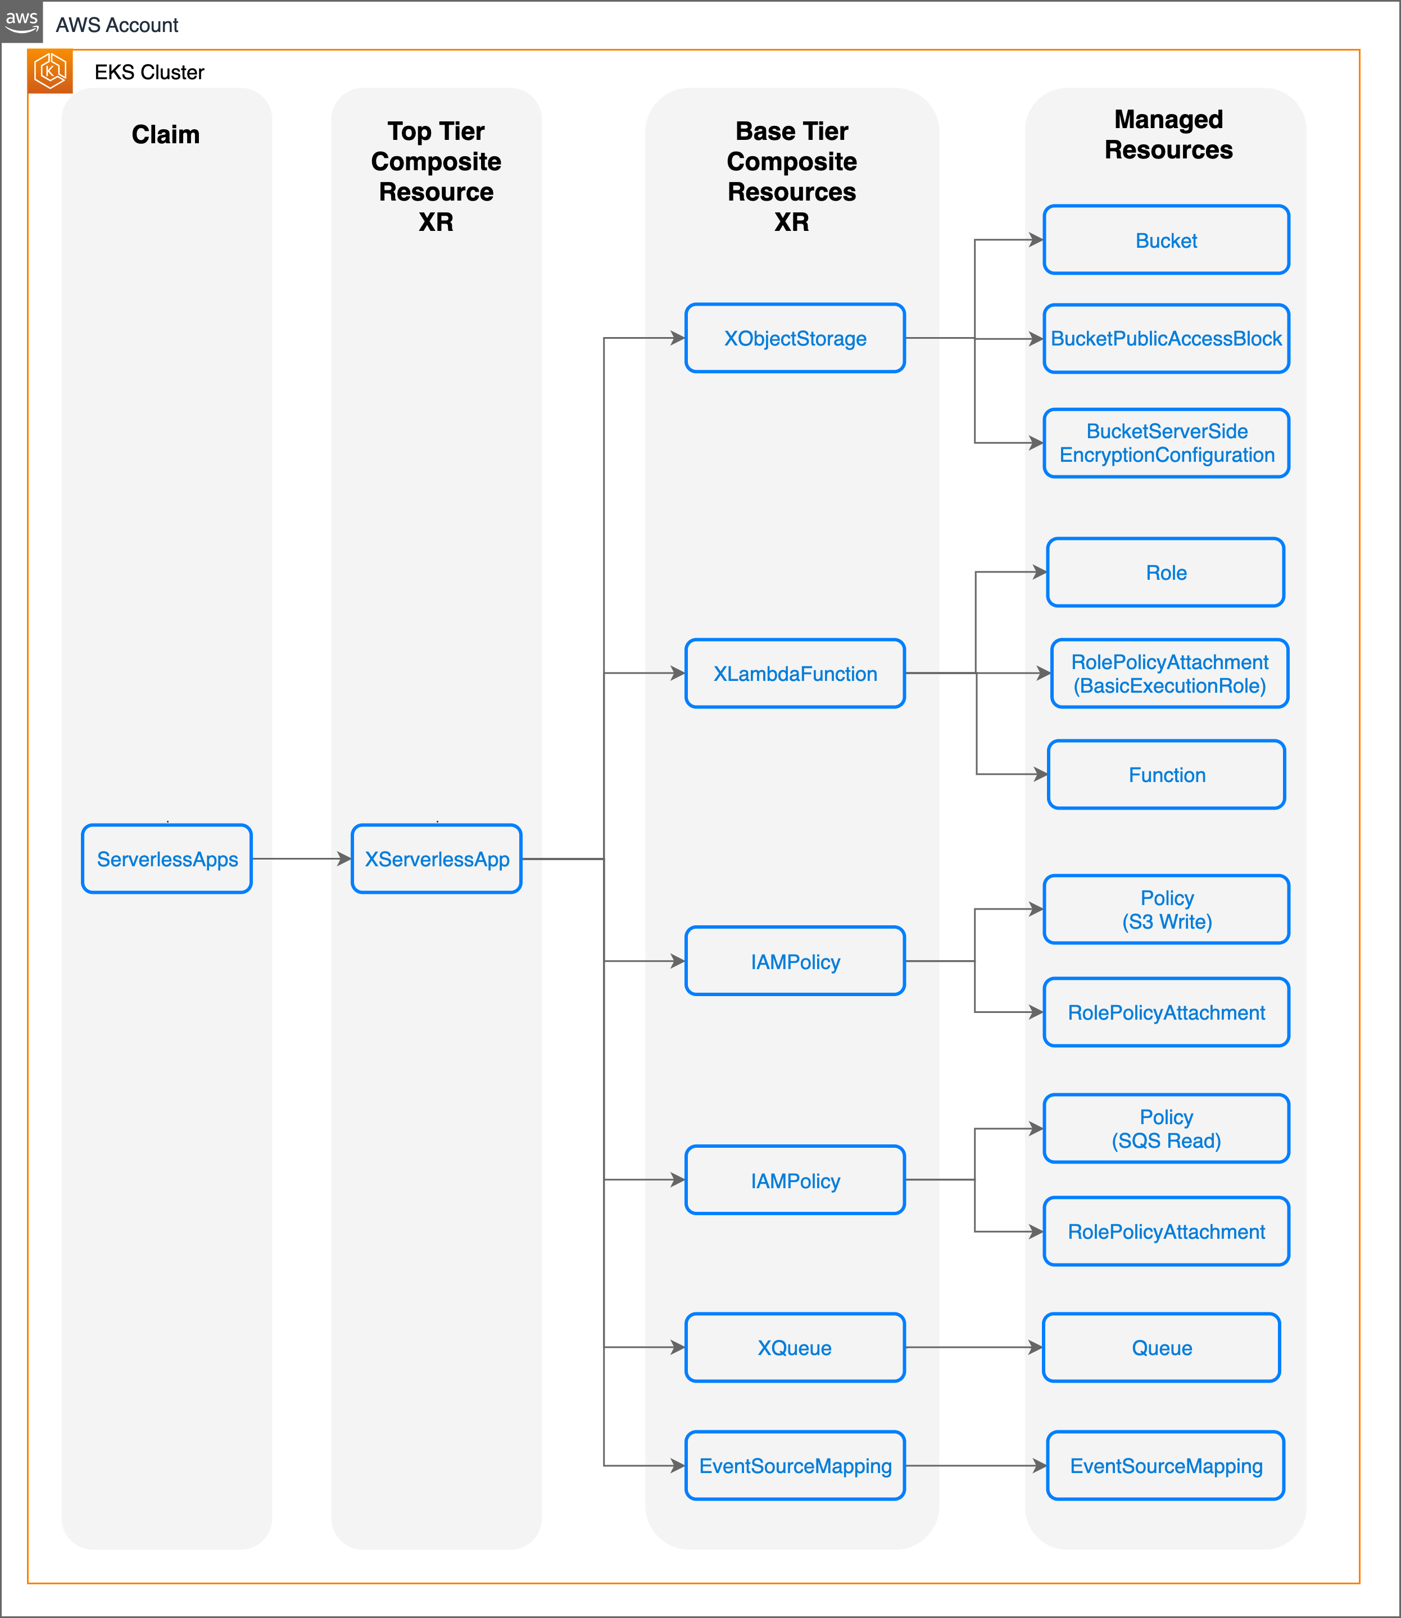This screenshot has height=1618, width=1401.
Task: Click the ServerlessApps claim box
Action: click(x=166, y=858)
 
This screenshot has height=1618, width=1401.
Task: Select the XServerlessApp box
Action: click(x=436, y=858)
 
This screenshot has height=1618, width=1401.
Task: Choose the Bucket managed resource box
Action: click(x=1166, y=240)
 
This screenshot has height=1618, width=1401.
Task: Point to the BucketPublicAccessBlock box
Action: click(x=1166, y=338)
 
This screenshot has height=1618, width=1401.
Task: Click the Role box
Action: click(x=1165, y=572)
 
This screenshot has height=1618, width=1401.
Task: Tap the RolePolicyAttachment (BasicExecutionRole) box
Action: click(x=1169, y=673)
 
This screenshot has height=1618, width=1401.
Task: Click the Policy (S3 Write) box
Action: click(x=1166, y=909)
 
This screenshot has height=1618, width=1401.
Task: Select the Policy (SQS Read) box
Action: click(x=1166, y=1128)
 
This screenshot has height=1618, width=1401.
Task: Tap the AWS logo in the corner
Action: click(x=21, y=21)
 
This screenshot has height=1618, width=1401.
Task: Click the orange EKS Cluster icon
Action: click(x=50, y=71)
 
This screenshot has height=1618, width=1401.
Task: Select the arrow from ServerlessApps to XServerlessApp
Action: click(x=301, y=858)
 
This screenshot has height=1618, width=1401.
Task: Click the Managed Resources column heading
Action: click(x=1168, y=134)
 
